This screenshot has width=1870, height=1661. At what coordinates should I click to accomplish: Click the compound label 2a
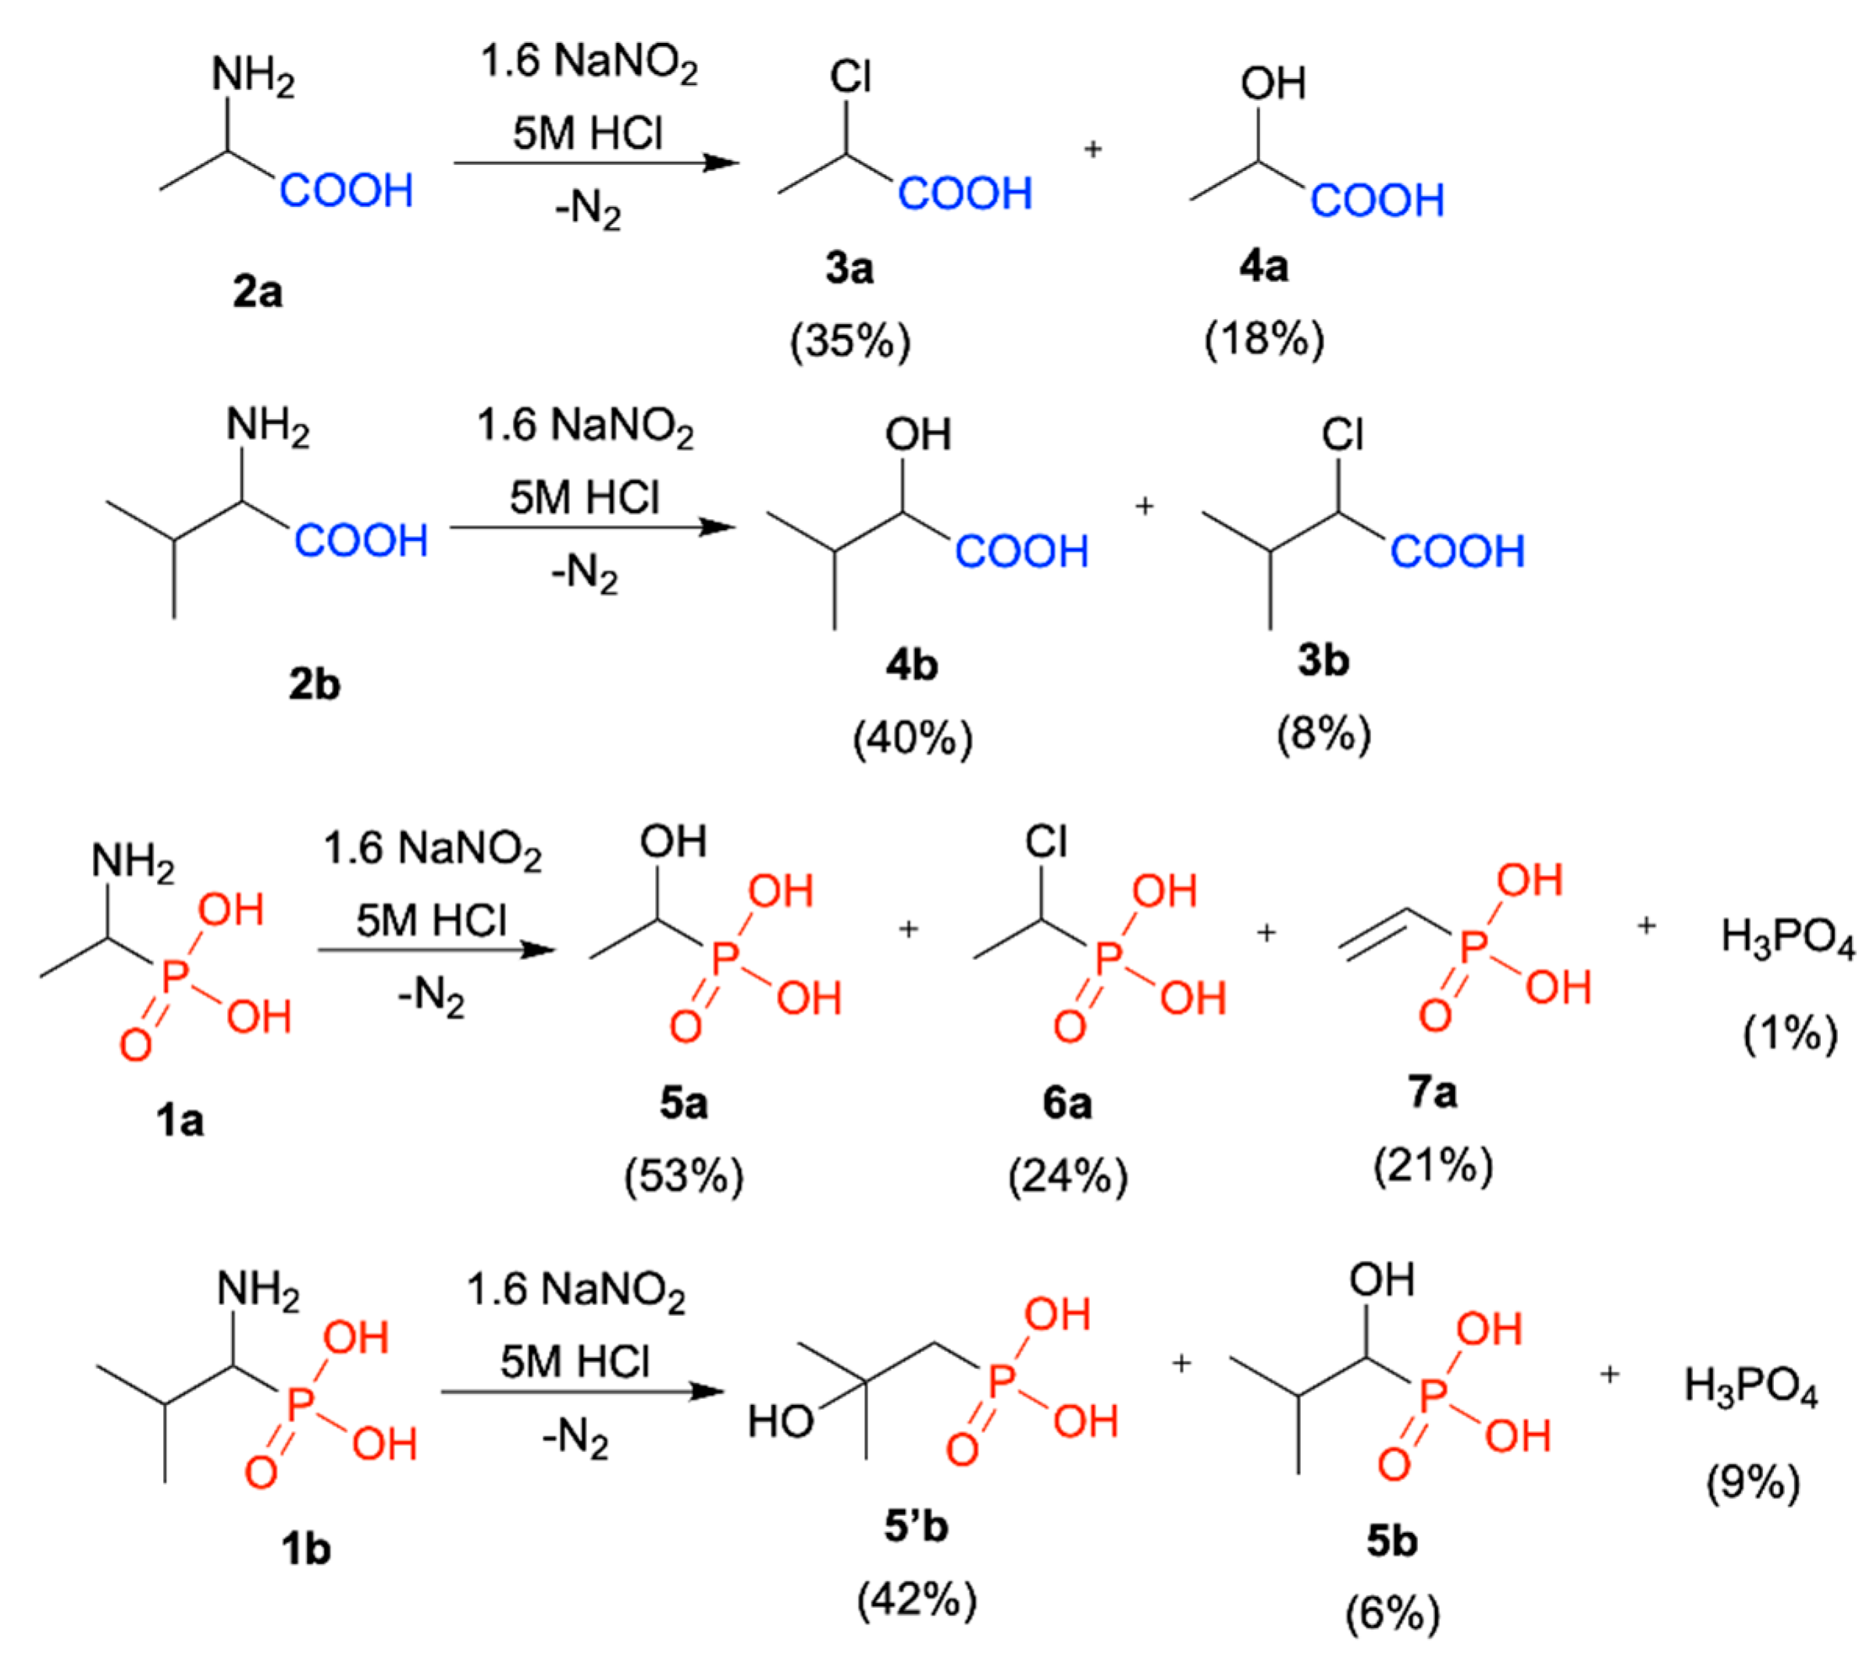tap(257, 293)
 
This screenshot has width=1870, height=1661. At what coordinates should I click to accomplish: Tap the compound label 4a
tap(1263, 267)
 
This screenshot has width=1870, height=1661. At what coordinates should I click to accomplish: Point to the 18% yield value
tap(1263, 340)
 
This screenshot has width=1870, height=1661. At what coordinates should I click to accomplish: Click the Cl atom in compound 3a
tap(850, 76)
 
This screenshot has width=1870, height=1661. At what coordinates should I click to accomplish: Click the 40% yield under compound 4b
tap(912, 737)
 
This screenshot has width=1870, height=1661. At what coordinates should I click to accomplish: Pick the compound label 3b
tap(1323, 660)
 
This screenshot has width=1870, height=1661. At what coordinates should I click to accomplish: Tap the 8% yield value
tap(1323, 734)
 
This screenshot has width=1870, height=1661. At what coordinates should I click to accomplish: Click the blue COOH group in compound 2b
tap(361, 541)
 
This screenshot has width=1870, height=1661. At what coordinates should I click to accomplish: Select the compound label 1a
tap(180, 1120)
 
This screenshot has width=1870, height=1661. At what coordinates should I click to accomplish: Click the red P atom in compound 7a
tap(1472, 948)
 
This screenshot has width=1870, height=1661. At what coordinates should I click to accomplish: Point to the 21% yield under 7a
tap(1433, 1166)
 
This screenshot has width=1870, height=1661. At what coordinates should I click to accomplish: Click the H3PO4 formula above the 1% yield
tap(1788, 938)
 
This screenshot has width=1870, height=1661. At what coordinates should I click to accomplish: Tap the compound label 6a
tap(1067, 1104)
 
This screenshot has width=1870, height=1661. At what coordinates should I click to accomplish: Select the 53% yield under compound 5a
tap(683, 1176)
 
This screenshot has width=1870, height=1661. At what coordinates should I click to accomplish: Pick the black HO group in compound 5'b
tap(779, 1422)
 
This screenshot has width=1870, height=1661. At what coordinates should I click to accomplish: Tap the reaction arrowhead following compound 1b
tap(707, 1392)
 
